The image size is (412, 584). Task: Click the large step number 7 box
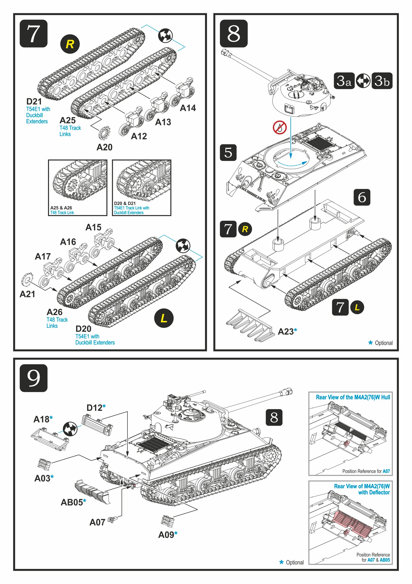pos(33,34)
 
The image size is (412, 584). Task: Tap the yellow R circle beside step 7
pos(70,44)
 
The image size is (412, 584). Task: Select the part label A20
pos(104,147)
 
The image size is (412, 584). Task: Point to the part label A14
pos(188,108)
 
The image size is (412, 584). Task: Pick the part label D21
pos(34,101)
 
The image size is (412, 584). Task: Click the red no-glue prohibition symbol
pos(279,128)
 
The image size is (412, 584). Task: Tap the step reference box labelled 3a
pos(344,81)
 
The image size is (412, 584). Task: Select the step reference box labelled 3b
pos(382,81)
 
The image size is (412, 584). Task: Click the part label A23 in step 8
pos(286,332)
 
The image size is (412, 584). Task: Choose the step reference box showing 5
pos(228,153)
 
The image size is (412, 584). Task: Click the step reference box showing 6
pos(362,197)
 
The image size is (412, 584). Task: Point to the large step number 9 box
pos(33,378)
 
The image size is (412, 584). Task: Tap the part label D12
pos(94,408)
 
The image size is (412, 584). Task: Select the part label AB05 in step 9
pos(72,502)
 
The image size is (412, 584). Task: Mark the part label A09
pos(166,535)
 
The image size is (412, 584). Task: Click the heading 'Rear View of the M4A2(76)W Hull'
pos(353,397)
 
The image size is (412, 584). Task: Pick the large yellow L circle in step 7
pos(164,318)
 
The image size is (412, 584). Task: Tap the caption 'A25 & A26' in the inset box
pos(61,208)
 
